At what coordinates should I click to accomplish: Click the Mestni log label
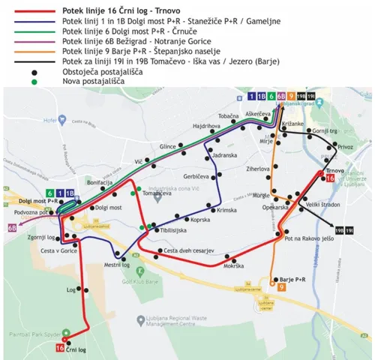click(x=116, y=264)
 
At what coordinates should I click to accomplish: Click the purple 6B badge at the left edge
click(x=11, y=226)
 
